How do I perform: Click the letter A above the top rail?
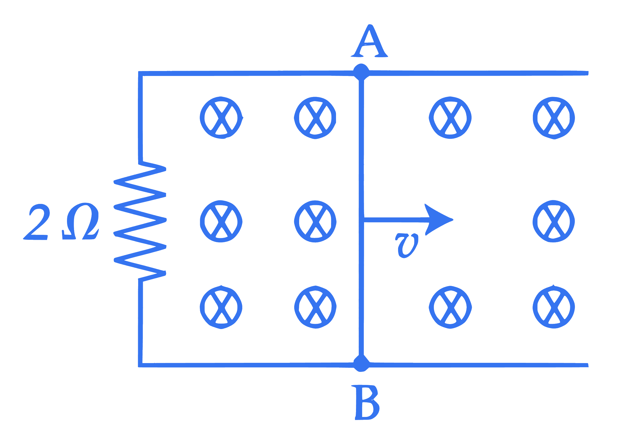tap(369, 41)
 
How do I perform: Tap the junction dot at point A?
tap(361, 72)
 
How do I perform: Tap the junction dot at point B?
tap(361, 364)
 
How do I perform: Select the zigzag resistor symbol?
tap(140, 220)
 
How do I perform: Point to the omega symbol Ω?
tap(80, 221)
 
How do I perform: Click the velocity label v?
tap(406, 246)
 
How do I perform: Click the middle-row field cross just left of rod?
tap(315, 221)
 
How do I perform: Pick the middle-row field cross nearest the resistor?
tap(221, 221)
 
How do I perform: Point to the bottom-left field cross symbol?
tap(221, 307)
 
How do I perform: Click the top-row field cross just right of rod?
tap(450, 118)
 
